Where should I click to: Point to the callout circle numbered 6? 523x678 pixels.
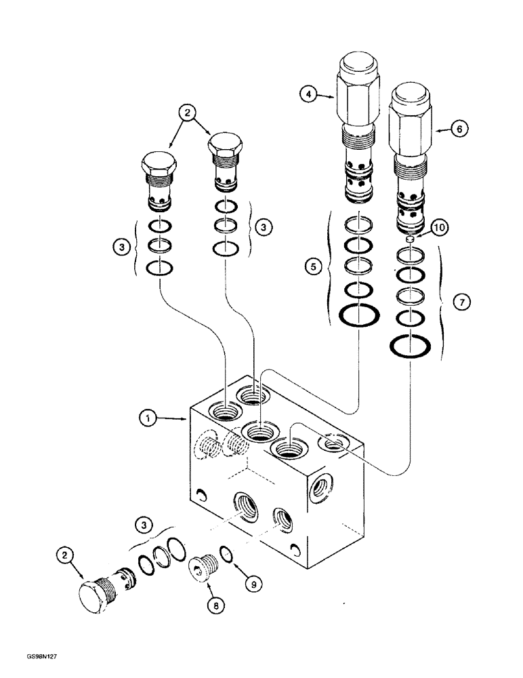pyautogui.click(x=459, y=127)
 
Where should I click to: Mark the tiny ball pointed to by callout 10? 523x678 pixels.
pyautogui.click(x=411, y=239)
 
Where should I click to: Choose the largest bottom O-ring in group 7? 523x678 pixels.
pyautogui.click(x=410, y=346)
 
